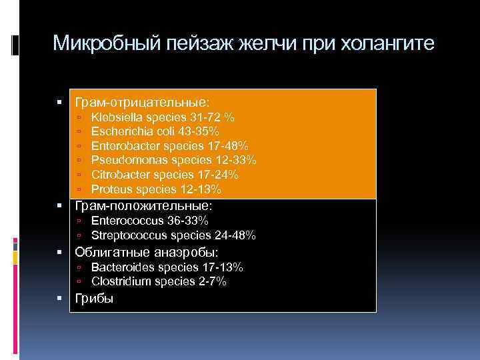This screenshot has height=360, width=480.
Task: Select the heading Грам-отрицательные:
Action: [x=142, y=103]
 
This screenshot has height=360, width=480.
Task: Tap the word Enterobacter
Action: [x=121, y=146]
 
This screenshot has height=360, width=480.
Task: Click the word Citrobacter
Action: [x=118, y=175]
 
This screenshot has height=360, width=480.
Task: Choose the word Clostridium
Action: [x=119, y=282]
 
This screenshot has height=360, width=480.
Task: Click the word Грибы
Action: [x=94, y=299]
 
